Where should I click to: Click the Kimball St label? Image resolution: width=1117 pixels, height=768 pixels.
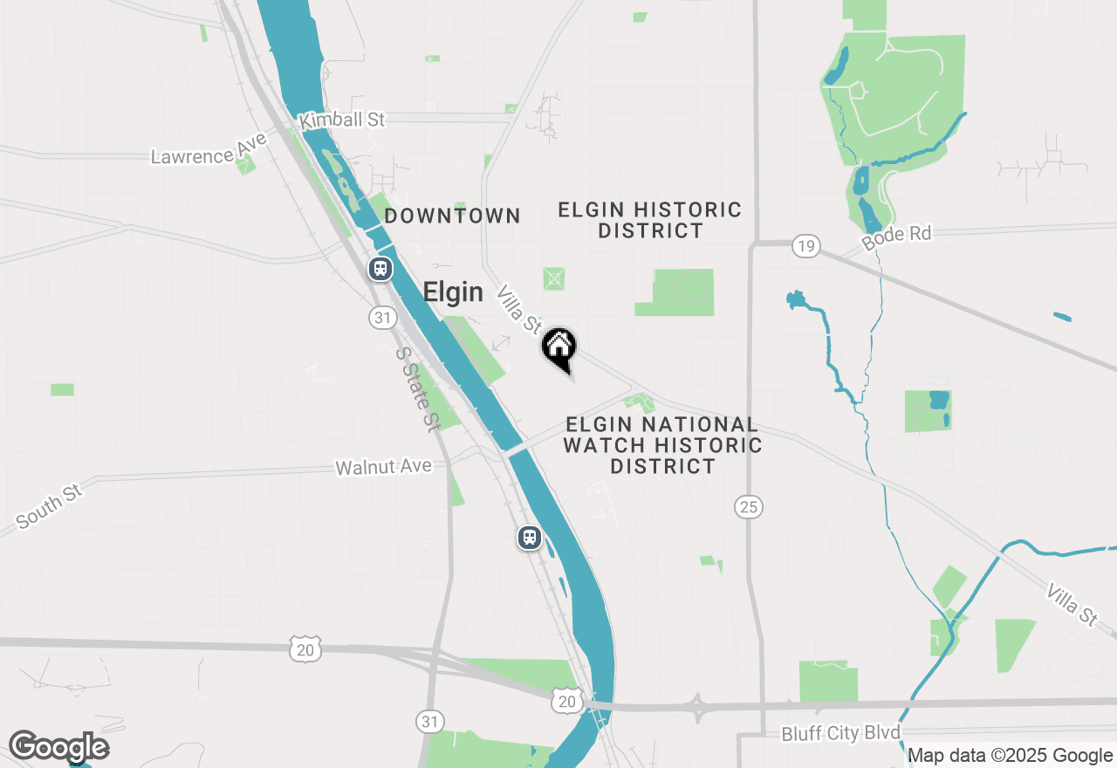pos(342,120)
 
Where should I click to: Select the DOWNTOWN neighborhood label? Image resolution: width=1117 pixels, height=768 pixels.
pos(452,216)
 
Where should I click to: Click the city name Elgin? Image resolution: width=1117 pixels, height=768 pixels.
pos(453,292)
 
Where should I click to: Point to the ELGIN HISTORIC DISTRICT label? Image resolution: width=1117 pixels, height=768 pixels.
pos(650,220)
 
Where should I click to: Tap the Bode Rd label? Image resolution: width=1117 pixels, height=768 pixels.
pos(896,237)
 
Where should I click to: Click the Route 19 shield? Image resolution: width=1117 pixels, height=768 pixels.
pos(805,246)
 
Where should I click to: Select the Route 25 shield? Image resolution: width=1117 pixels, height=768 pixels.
pos(749,506)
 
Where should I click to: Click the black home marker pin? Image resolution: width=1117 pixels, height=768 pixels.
pos(558,347)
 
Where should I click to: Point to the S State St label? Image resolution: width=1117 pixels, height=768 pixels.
pos(416,389)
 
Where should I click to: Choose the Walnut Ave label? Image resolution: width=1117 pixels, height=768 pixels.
pos(384,467)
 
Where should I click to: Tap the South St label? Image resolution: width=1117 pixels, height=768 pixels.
pos(49,505)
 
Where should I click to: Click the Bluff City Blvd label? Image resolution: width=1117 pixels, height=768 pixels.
pos(840,733)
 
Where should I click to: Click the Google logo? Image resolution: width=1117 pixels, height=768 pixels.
pos(58,747)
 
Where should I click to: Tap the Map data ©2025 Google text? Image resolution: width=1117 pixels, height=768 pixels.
pos(1011,756)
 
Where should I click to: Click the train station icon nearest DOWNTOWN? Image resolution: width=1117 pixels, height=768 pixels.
pos(380,268)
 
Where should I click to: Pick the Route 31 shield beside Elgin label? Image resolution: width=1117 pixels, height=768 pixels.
pos(381,318)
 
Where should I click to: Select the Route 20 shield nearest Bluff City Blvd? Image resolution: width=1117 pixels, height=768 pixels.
pos(567,701)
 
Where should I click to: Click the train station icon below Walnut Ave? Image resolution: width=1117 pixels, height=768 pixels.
pos(529,538)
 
